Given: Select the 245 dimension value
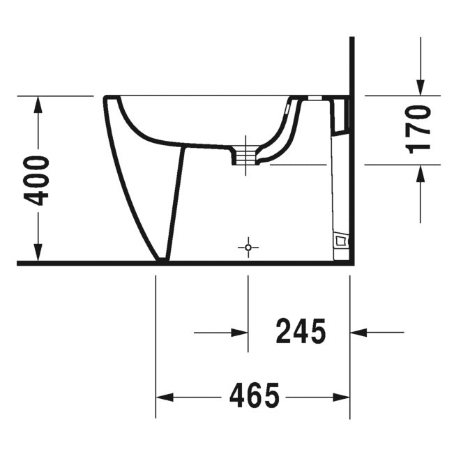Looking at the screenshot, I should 301,332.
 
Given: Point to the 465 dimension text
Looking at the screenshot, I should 254,397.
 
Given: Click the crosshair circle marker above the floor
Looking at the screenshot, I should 248,248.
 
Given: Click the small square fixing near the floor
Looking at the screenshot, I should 340,241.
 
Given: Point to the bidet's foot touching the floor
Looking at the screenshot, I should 162,259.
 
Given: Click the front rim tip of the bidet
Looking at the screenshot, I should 105,98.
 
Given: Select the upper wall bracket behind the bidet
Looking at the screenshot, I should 341,115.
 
